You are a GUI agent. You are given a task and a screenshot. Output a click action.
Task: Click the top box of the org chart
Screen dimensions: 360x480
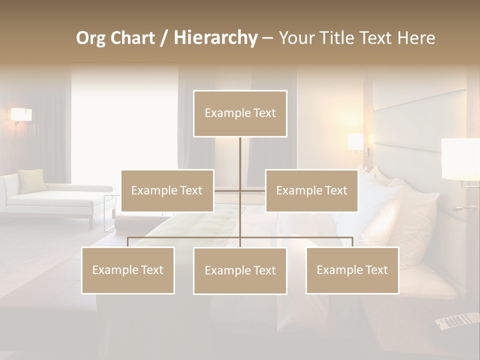(x=240, y=113)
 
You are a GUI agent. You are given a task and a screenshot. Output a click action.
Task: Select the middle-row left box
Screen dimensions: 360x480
(x=167, y=190)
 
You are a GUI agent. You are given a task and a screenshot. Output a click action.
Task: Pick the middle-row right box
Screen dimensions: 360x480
(x=311, y=190)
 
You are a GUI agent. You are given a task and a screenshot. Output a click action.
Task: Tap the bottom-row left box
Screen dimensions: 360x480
(x=128, y=270)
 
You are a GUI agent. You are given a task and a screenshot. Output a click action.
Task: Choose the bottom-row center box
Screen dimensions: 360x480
(x=240, y=270)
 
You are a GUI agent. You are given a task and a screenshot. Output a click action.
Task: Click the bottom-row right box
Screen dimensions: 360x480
(x=352, y=270)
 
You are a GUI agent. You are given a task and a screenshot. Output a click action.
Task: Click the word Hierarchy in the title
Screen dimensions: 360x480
(x=215, y=38)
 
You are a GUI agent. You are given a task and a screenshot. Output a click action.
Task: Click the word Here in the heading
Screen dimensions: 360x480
(x=416, y=38)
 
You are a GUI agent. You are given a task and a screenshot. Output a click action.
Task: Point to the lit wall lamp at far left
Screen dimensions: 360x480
(x=21, y=115)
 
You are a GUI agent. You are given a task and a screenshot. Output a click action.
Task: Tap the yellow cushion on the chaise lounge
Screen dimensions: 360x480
(x=33, y=180)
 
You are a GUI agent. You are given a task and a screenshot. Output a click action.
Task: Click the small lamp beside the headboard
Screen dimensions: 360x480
(x=356, y=141)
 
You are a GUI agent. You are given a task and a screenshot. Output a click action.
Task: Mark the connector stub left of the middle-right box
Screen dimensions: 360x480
(x=253, y=190)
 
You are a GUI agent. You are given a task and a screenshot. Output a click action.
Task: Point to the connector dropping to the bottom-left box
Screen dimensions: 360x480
(x=128, y=241)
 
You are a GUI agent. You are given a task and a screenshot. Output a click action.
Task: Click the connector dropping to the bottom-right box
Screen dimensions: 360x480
(x=352, y=241)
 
